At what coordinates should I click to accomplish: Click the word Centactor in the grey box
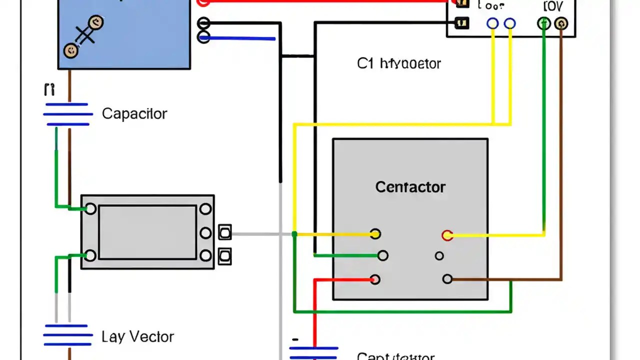(x=410, y=187)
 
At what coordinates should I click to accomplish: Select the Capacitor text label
(x=134, y=113)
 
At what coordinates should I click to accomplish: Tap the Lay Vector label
(x=137, y=336)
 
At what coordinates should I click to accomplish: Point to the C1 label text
(x=365, y=63)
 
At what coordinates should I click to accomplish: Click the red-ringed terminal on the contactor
(x=447, y=235)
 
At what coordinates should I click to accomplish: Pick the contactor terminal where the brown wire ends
(x=447, y=279)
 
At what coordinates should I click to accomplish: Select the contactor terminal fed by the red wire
(x=375, y=279)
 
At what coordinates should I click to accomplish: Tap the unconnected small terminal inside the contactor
(x=439, y=256)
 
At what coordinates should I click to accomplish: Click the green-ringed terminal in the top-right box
(x=543, y=23)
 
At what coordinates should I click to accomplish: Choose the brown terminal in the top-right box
(x=561, y=23)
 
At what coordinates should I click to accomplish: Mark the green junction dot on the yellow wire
(x=294, y=234)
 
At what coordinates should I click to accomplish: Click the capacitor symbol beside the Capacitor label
(x=68, y=114)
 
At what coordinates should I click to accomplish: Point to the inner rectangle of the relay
(x=147, y=232)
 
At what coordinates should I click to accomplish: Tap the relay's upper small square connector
(x=225, y=232)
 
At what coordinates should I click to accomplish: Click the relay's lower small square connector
(x=225, y=255)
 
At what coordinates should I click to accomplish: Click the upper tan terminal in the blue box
(x=95, y=22)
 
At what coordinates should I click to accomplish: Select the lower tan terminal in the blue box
(x=71, y=50)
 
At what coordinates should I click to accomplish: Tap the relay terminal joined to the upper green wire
(x=90, y=208)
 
